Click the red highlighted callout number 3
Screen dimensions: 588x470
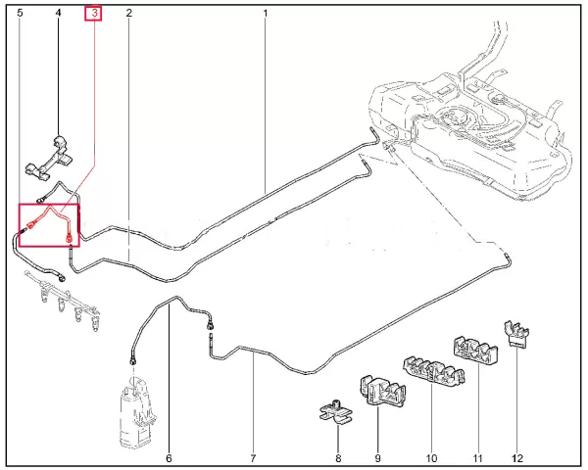pyautogui.click(x=94, y=14)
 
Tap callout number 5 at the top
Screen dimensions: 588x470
pyautogui.click(x=20, y=13)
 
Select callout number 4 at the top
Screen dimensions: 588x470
pyautogui.click(x=58, y=13)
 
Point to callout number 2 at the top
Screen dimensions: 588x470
pyautogui.click(x=129, y=13)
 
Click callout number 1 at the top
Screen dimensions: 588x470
pyautogui.click(x=266, y=14)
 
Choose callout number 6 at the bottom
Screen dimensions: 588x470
pyautogui.click(x=169, y=458)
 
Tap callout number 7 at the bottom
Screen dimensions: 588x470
pyautogui.click(x=253, y=458)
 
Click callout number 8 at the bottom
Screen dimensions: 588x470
pyautogui.click(x=338, y=458)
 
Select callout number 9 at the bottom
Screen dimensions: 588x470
pyautogui.click(x=377, y=458)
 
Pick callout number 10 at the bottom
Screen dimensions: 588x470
pyautogui.click(x=431, y=458)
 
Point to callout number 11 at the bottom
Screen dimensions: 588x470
pyautogui.click(x=477, y=458)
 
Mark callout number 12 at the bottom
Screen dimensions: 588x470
pyautogui.click(x=517, y=458)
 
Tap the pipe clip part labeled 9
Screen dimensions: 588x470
pyautogui.click(x=382, y=391)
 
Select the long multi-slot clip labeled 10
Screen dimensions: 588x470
pyautogui.click(x=434, y=370)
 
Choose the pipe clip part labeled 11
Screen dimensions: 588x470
pyautogui.click(x=475, y=352)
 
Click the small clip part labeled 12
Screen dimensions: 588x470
pyautogui.click(x=516, y=333)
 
